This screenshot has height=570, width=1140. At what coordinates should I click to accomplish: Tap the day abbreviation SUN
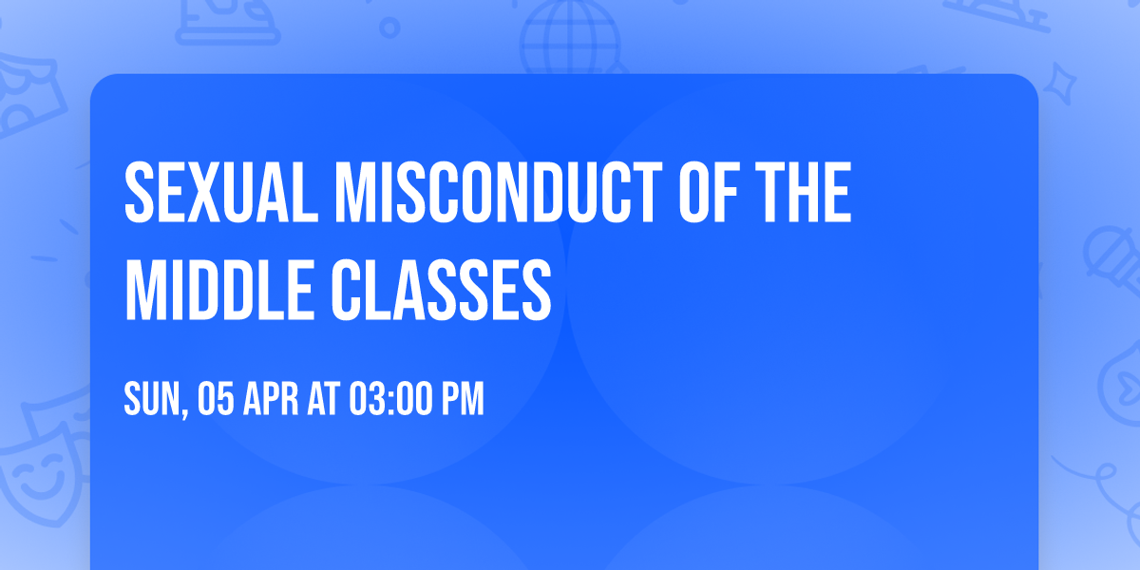click(150, 400)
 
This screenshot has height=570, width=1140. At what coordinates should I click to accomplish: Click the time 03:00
click(389, 400)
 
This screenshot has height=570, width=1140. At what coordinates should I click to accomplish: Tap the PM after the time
click(464, 400)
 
